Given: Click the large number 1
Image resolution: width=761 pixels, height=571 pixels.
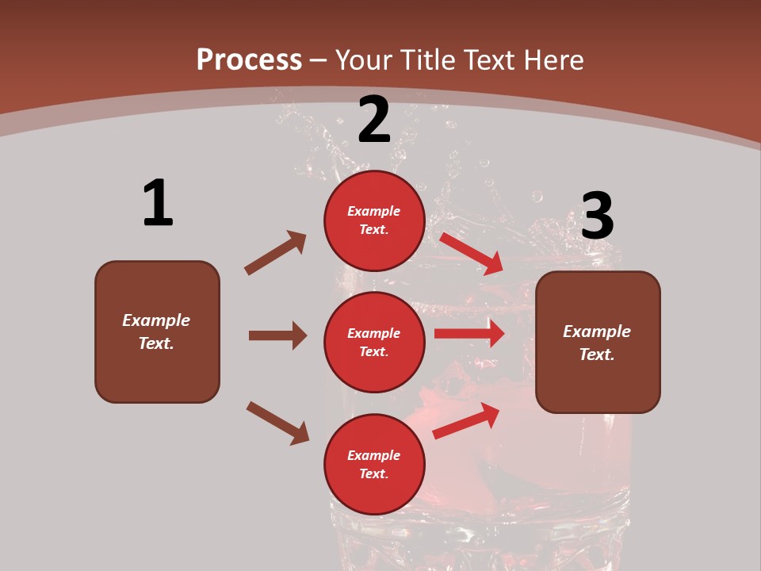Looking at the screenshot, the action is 158,203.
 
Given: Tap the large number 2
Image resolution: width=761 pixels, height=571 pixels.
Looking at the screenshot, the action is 374,120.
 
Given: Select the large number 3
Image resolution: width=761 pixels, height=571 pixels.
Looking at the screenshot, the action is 597,216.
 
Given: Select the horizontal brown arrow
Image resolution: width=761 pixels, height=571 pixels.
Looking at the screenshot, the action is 277,335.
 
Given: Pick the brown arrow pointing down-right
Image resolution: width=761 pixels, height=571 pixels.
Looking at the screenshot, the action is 277,422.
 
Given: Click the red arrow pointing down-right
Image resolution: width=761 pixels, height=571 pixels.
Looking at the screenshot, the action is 472,253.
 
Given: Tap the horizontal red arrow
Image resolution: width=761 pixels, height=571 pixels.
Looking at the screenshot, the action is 469,334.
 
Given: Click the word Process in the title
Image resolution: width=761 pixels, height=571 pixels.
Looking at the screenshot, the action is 249,59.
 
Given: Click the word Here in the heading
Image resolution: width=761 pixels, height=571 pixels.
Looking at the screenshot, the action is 553,59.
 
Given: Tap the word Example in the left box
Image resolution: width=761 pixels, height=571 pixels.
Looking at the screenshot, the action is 156,320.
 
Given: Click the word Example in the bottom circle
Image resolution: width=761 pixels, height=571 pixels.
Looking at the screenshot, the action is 374,455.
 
